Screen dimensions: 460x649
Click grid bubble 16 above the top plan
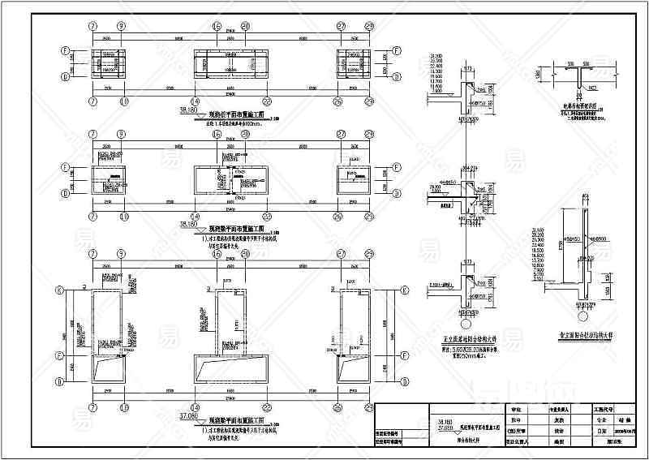click(x=217, y=26)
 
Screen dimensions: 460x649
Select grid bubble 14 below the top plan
click(x=217, y=101)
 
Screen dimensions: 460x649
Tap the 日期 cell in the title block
click(x=601, y=432)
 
